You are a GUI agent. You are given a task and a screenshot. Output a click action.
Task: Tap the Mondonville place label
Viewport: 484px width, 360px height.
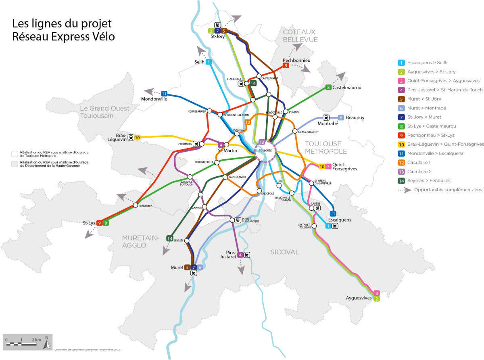click(x=154, y=99)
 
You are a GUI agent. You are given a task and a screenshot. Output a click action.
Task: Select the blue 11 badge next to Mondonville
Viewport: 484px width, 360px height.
click(x=164, y=94)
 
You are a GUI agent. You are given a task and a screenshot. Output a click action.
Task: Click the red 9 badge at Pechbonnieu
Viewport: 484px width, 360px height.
click(x=286, y=66)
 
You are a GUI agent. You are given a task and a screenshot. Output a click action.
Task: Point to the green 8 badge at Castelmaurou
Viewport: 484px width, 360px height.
click(x=329, y=88)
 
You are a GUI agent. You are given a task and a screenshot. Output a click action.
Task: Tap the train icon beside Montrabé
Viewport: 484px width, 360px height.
click(x=326, y=117)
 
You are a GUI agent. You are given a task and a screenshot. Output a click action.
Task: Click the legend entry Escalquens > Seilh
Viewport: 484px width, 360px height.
click(x=427, y=63)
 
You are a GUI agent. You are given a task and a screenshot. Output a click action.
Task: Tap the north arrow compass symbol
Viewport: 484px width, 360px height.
click(x=47, y=342)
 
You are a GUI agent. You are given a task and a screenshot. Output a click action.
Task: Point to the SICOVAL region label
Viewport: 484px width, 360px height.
click(x=285, y=252)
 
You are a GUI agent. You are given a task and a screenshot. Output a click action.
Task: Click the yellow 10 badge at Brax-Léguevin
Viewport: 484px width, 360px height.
click(x=137, y=138)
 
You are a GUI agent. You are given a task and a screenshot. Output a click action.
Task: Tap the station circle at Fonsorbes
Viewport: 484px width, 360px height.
click(x=135, y=205)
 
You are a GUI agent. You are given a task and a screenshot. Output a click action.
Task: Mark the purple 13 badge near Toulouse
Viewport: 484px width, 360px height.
click(x=262, y=142)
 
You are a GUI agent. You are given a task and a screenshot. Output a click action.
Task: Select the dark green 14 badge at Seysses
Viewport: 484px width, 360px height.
click(x=170, y=239)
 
